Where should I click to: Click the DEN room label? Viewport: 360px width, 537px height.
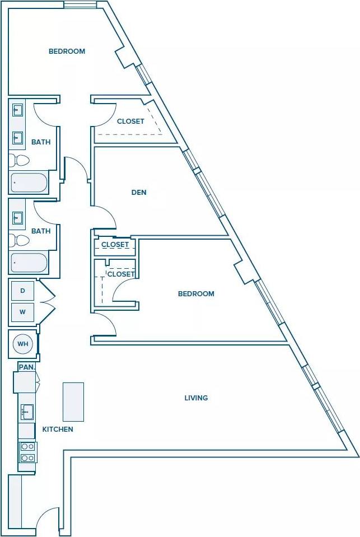click(x=139, y=193)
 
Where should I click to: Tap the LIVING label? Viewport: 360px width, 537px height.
click(x=196, y=398)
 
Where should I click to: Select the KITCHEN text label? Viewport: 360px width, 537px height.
click(x=58, y=429)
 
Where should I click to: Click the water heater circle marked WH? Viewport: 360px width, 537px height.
click(x=23, y=344)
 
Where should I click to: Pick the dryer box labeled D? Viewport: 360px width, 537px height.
click(x=22, y=291)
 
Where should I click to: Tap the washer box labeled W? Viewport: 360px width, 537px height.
click(x=22, y=312)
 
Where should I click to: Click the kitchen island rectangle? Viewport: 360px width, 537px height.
click(x=73, y=401)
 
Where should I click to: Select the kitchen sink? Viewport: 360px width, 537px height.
click(x=27, y=412)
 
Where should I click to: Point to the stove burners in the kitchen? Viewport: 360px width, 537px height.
click(x=27, y=452)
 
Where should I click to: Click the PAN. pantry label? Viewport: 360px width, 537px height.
click(x=26, y=367)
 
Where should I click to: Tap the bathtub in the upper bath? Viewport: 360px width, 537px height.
click(x=29, y=183)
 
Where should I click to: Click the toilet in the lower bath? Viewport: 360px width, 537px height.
click(x=21, y=240)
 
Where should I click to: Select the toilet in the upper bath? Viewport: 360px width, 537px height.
click(x=21, y=161)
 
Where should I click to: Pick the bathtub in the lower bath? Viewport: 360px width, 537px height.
click(x=29, y=263)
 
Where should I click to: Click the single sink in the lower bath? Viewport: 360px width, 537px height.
click(x=18, y=217)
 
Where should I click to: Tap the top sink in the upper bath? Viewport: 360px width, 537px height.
click(x=17, y=110)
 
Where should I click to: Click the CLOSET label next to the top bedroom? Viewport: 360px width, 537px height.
click(x=130, y=122)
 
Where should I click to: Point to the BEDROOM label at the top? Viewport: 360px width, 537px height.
click(x=67, y=52)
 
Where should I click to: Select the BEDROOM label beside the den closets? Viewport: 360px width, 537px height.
click(x=196, y=294)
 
